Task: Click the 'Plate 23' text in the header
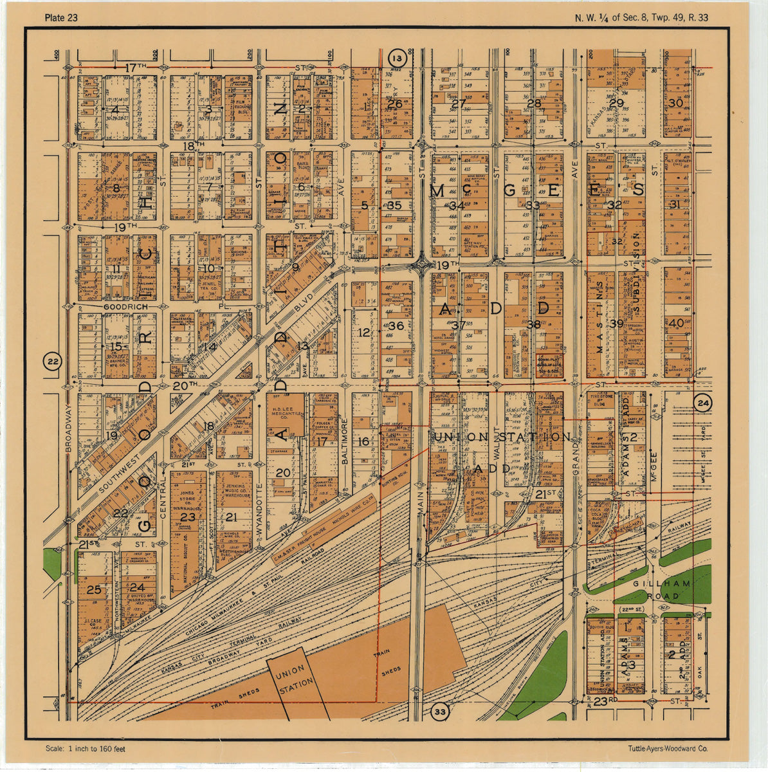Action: pyautogui.click(x=61, y=17)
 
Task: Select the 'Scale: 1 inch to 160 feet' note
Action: pyautogui.click(x=85, y=748)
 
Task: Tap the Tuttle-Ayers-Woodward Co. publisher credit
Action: pyautogui.click(x=668, y=748)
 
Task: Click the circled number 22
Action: pyautogui.click(x=53, y=362)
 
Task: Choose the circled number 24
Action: pyautogui.click(x=703, y=404)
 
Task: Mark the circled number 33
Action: pyautogui.click(x=439, y=712)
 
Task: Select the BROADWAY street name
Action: pyautogui.click(x=68, y=428)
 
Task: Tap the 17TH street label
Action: pyautogui.click(x=136, y=68)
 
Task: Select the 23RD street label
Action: pyautogui.click(x=605, y=700)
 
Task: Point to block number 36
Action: pyautogui.click(x=396, y=326)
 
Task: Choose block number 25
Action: pyautogui.click(x=94, y=589)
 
